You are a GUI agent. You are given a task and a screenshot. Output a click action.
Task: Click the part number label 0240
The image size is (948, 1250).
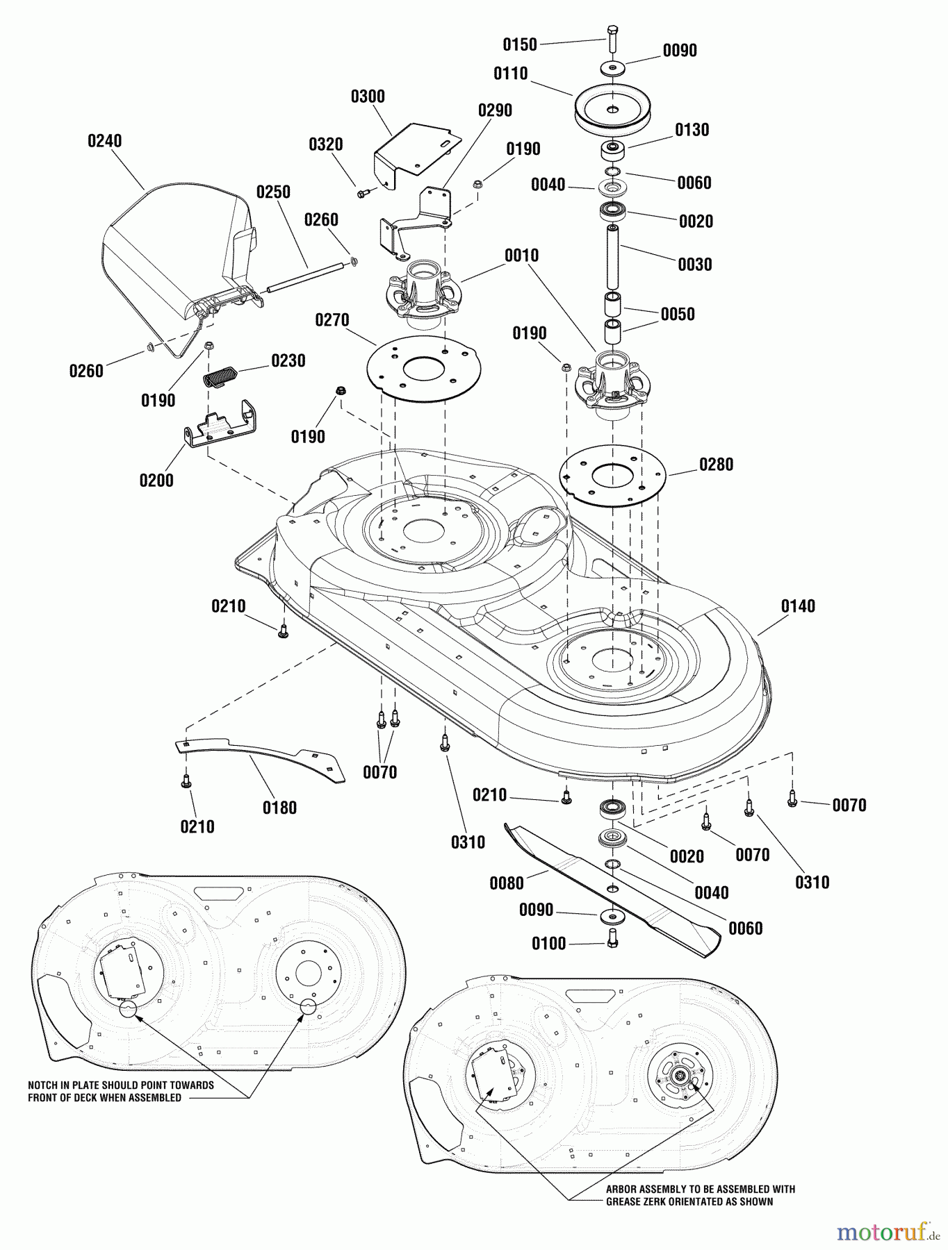coord(104,141)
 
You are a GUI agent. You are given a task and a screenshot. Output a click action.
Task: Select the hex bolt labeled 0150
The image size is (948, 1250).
coord(612,39)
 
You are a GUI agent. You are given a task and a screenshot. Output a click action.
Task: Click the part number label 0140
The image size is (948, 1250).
coord(798,606)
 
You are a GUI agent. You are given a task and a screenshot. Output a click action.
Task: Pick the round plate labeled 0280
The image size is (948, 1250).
coord(612,476)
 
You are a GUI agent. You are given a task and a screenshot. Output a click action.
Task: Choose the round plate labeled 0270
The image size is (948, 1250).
coord(423,368)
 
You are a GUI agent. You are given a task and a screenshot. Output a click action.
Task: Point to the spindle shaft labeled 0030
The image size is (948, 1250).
coord(612,257)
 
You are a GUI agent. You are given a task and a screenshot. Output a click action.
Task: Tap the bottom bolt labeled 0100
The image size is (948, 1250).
coord(612,937)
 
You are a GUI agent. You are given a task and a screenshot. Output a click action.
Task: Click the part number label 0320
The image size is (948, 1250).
coord(325,144)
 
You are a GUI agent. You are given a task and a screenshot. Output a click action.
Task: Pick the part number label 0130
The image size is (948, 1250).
coord(692,130)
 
